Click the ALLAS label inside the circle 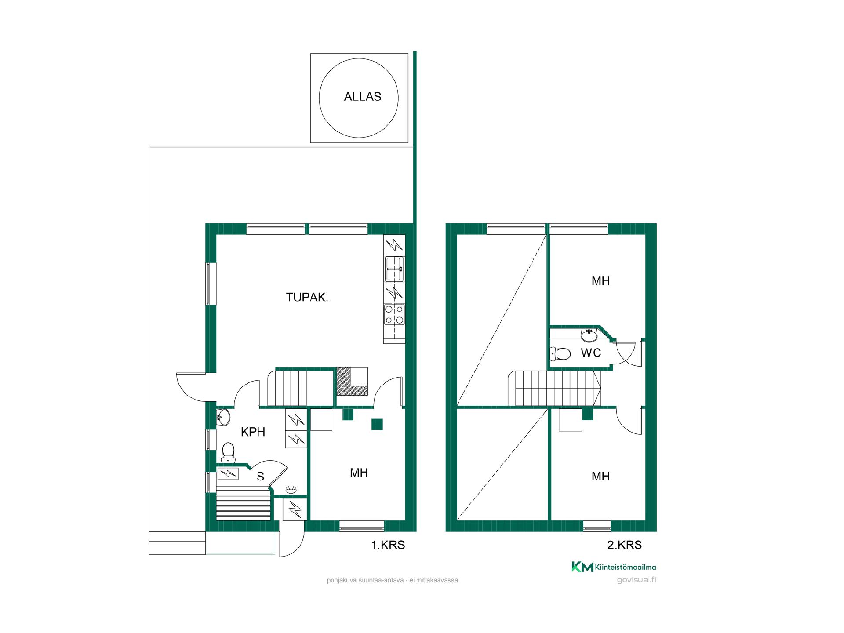pyautogui.click(x=362, y=97)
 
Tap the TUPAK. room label pyautogui.click(x=307, y=298)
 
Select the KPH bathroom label pyautogui.click(x=253, y=432)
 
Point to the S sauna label pyautogui.click(x=260, y=477)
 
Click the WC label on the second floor pyautogui.click(x=591, y=353)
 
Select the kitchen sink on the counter pyautogui.click(x=394, y=269)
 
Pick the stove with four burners pyautogui.click(x=394, y=314)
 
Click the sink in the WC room pyautogui.click(x=589, y=335)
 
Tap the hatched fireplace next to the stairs pyautogui.click(x=352, y=382)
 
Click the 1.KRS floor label pyautogui.click(x=388, y=545)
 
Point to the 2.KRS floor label pyautogui.click(x=624, y=545)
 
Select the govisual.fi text pyautogui.click(x=637, y=580)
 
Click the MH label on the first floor pyautogui.click(x=359, y=473)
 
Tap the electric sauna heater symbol pyautogui.click(x=228, y=474)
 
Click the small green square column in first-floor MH pyautogui.click(x=377, y=424)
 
